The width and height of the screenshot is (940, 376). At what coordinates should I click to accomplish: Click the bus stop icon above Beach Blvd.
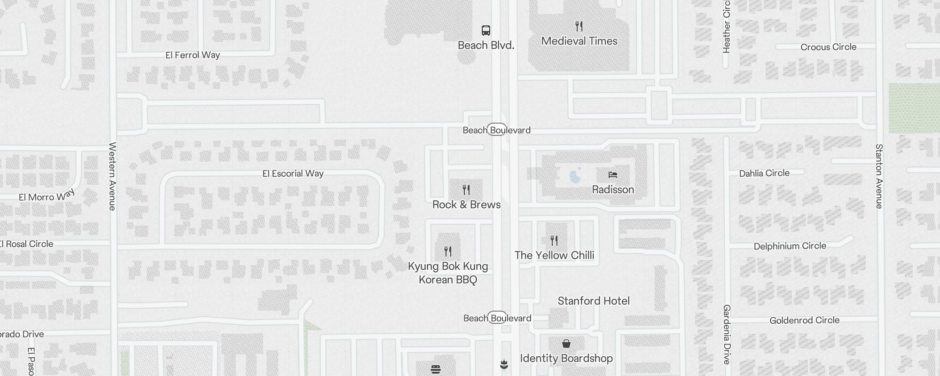pyautogui.click(x=486, y=31)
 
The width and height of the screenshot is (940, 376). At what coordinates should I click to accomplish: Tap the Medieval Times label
pyautogui.click(x=579, y=41)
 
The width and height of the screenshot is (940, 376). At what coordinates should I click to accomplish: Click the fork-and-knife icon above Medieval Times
pyautogui.click(x=579, y=26)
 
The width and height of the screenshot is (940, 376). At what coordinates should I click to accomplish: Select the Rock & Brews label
pyautogui.click(x=466, y=204)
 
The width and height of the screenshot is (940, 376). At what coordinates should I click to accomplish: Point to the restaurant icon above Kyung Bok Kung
pyautogui.click(x=448, y=251)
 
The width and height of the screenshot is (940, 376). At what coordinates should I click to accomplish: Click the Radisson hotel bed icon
pyautogui.click(x=612, y=175)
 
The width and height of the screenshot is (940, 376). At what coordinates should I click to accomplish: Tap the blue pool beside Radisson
pyautogui.click(x=575, y=177)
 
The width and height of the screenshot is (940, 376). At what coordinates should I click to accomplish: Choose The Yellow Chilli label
pyautogui.click(x=554, y=255)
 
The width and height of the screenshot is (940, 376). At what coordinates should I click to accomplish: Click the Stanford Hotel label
pyautogui.click(x=593, y=301)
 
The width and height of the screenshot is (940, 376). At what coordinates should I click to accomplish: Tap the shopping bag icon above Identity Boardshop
pyautogui.click(x=566, y=344)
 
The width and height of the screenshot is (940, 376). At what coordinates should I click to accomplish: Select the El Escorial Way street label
pyautogui.click(x=293, y=173)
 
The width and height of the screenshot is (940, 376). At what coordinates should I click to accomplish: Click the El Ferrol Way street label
pyautogui.click(x=193, y=55)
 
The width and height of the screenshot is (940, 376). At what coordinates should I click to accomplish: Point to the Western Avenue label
pyautogui.click(x=112, y=176)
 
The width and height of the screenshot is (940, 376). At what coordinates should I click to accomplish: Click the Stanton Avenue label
pyautogui.click(x=879, y=176)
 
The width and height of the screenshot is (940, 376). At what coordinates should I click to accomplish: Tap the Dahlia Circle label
pyautogui.click(x=764, y=173)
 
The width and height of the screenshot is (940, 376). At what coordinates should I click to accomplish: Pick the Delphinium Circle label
pyautogui.click(x=790, y=246)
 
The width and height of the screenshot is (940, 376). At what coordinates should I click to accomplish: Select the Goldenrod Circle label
pyautogui.click(x=804, y=321)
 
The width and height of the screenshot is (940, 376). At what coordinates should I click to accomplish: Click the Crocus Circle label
pyautogui.click(x=828, y=47)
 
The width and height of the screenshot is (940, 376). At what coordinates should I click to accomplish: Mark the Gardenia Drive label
pyautogui.click(x=727, y=334)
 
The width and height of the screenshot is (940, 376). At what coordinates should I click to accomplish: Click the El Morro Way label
pyautogui.click(x=47, y=196)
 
